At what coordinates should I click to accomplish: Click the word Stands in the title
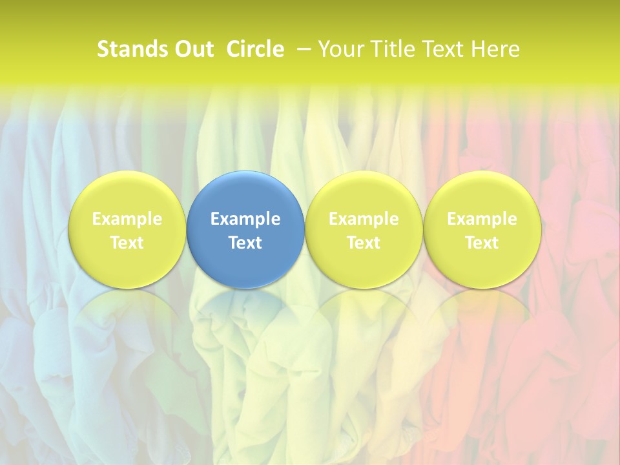[x=127, y=49]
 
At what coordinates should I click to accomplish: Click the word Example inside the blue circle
[x=245, y=219]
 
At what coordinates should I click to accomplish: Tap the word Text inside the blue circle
[x=245, y=243]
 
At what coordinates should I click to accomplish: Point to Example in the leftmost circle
[x=127, y=219]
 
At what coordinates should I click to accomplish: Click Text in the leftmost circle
[x=127, y=243]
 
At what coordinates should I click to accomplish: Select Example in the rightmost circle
[x=482, y=219]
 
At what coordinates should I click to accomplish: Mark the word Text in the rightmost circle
[x=482, y=243]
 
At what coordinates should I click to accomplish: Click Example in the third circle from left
[x=364, y=219]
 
